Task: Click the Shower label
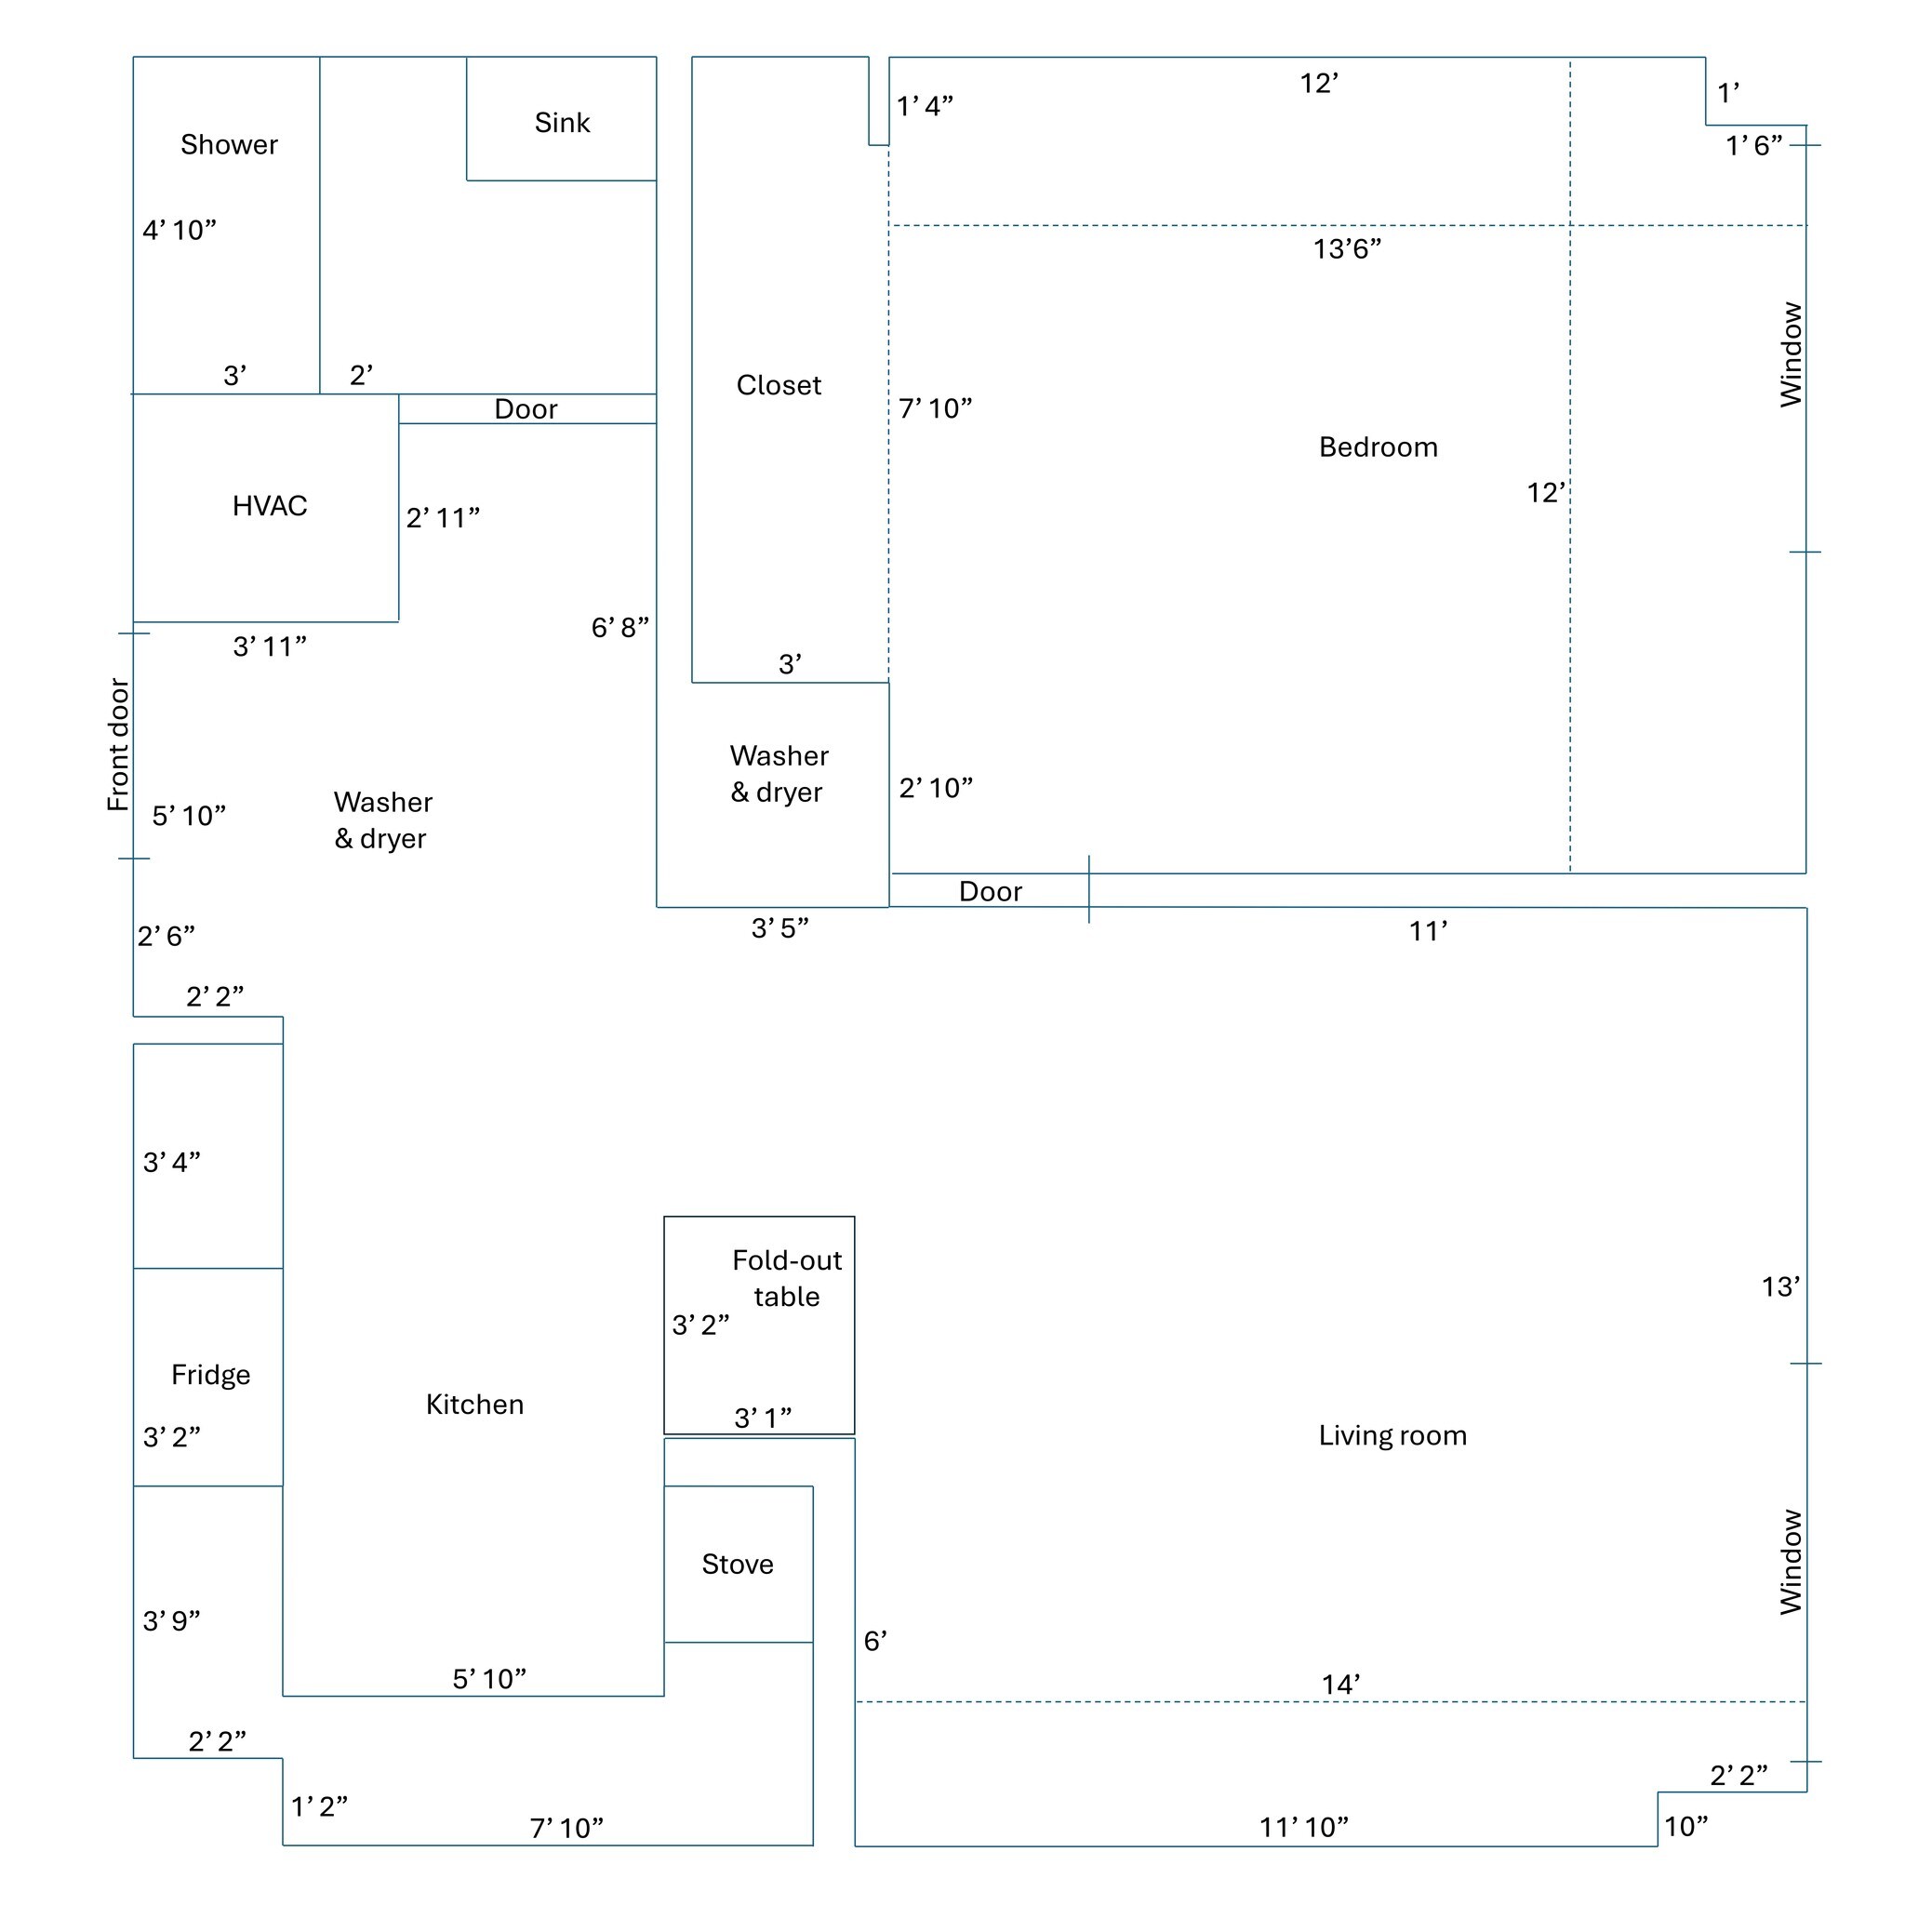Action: pos(229,145)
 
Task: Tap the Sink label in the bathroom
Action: pos(562,124)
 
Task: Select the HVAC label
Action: pos(269,506)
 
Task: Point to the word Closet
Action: pos(778,385)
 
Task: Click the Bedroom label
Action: pos(1378,447)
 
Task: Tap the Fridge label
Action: pos(210,1375)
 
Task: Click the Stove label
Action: pos(737,1564)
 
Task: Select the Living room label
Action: pos(1392,1435)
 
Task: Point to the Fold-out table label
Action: pos(786,1278)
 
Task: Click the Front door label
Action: pos(118,744)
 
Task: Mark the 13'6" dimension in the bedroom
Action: pos(1347,249)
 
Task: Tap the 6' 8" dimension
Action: pos(619,627)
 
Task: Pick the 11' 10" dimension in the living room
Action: pos(1303,1827)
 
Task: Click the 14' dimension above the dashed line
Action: pos(1341,1685)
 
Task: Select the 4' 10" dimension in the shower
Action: pos(180,231)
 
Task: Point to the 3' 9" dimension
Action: pos(171,1621)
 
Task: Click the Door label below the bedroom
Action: pos(990,891)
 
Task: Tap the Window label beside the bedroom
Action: pos(1791,355)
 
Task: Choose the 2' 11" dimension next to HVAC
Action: pos(443,518)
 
